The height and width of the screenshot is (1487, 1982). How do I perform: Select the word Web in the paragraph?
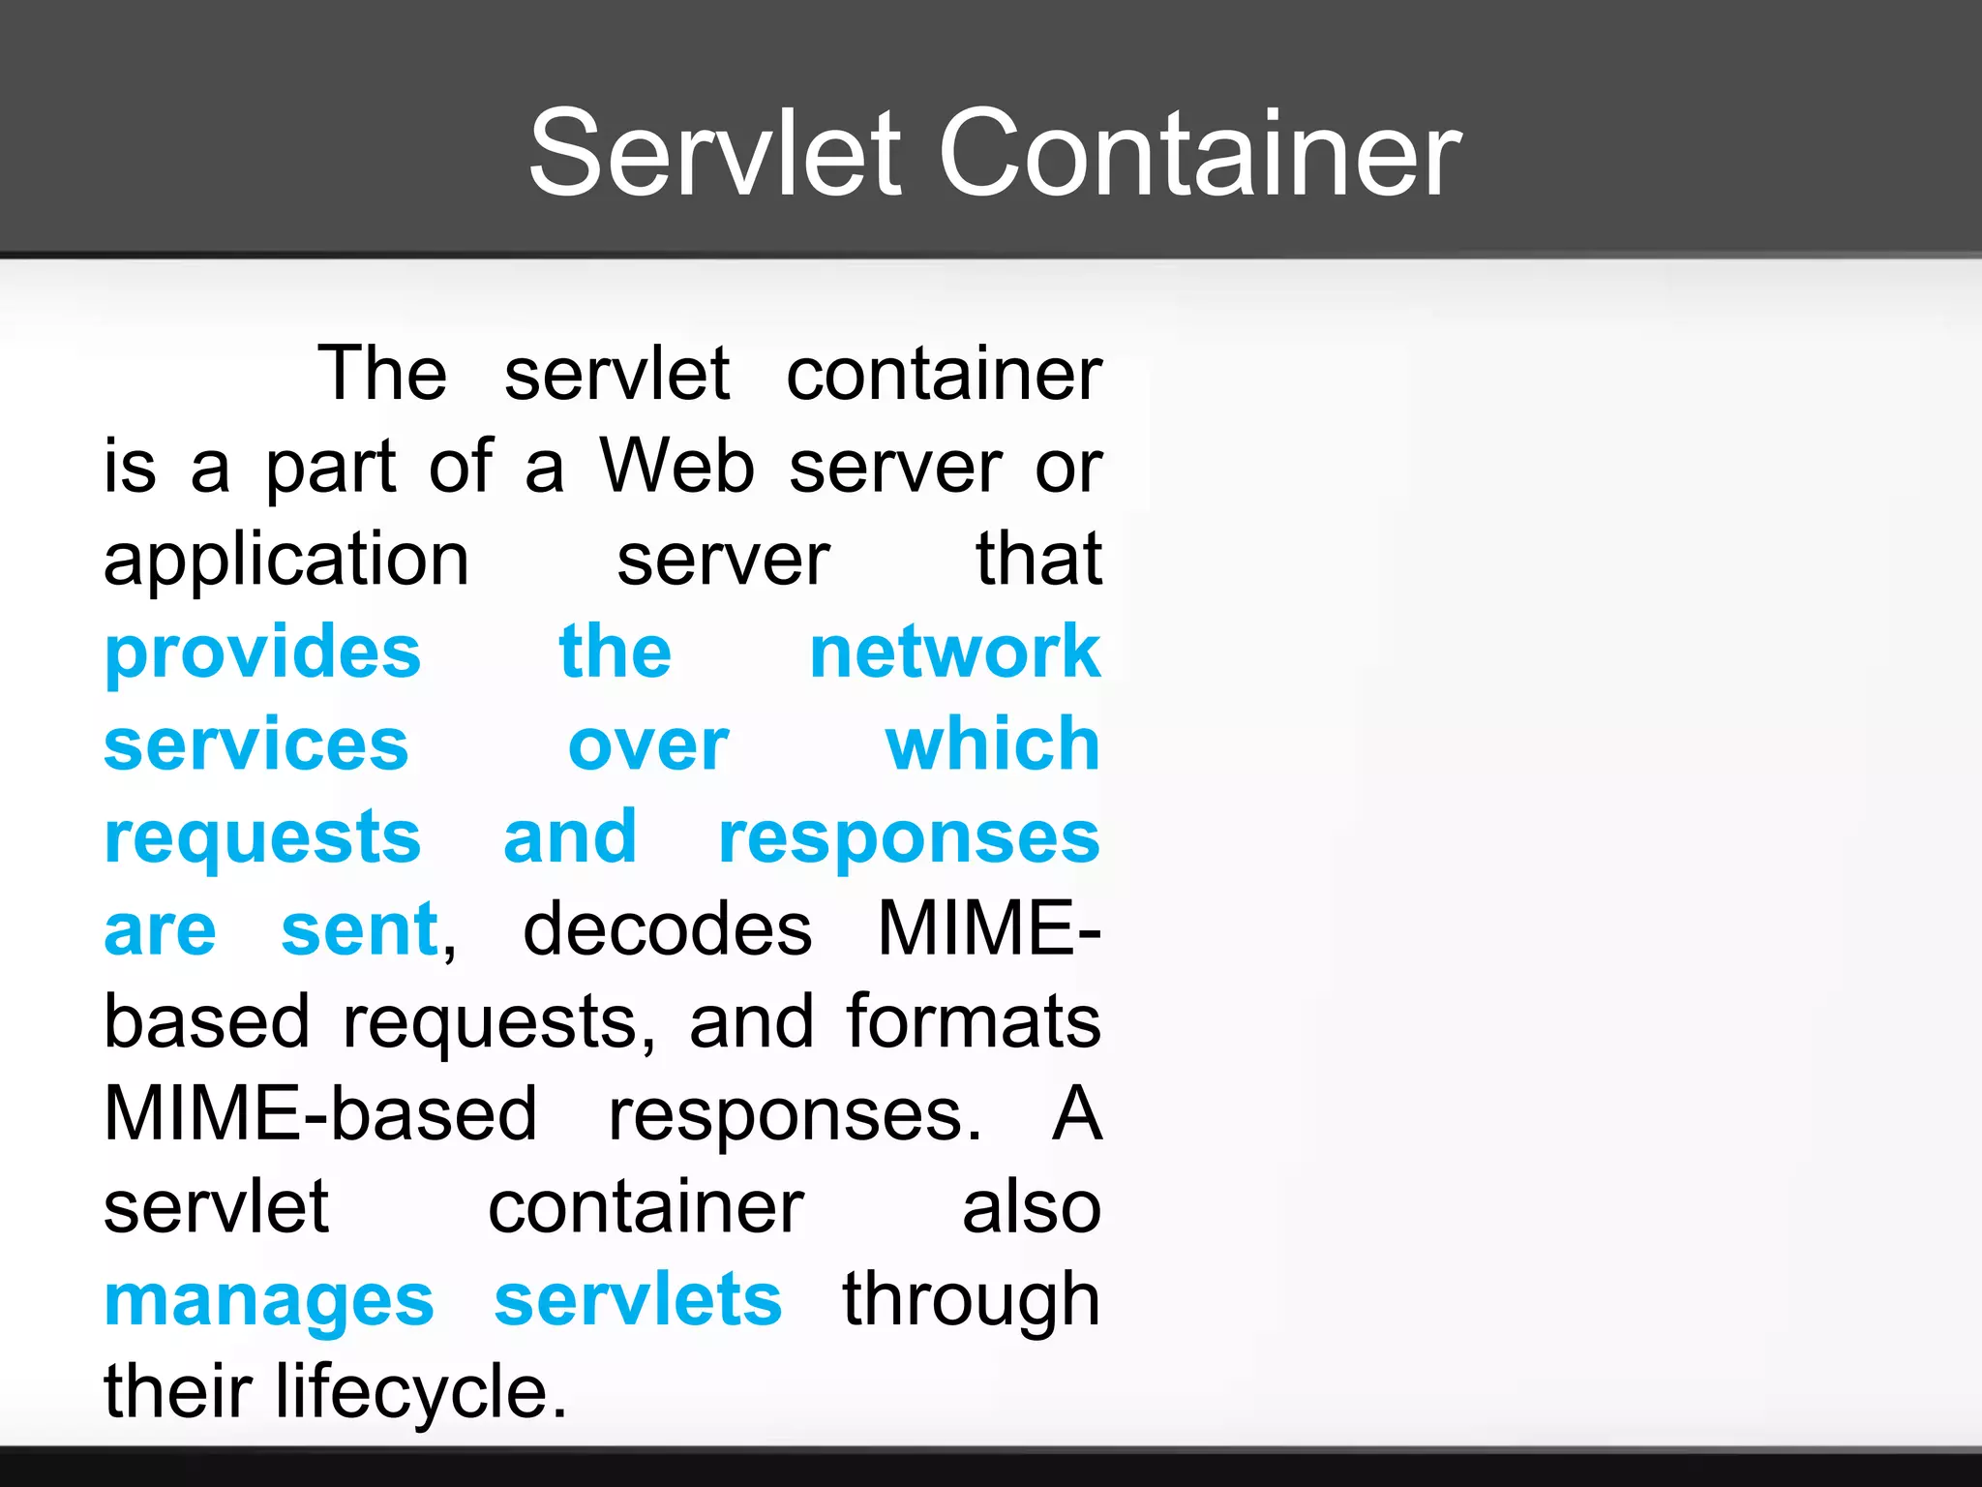(676, 467)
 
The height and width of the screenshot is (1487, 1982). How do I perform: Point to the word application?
(286, 561)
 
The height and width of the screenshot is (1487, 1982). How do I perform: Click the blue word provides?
(263, 653)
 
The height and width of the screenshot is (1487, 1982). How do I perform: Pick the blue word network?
(955, 652)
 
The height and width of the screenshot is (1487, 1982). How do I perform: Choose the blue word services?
(256, 745)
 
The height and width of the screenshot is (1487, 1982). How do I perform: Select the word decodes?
(667, 929)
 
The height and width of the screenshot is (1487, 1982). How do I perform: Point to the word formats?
(974, 1021)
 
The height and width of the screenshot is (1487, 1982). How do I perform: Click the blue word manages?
(269, 1302)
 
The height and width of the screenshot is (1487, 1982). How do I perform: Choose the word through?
(972, 1302)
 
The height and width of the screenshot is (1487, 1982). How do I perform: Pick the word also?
(1032, 1208)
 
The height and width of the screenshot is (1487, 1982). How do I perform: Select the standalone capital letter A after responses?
(1077, 1114)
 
